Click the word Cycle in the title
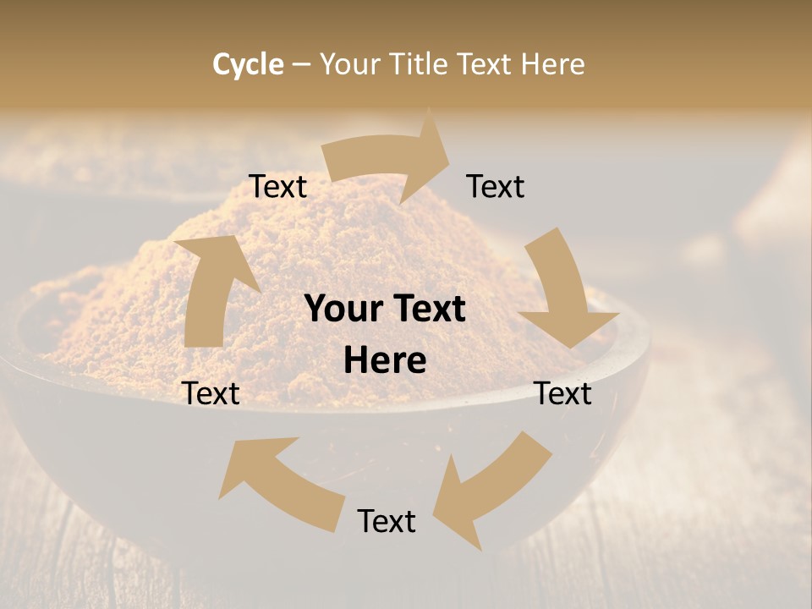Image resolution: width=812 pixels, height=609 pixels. pyautogui.click(x=248, y=64)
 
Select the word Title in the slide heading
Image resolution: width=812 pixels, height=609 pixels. pyautogui.click(x=420, y=64)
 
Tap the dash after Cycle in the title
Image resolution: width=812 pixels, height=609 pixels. pyautogui.click(x=301, y=65)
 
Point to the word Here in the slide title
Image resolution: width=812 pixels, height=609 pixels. pyautogui.click(x=551, y=64)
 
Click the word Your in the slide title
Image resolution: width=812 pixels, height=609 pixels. pyautogui.click(x=349, y=64)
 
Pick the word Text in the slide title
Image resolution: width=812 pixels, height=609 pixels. pyautogui.click(x=486, y=64)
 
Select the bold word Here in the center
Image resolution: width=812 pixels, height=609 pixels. pyautogui.click(x=385, y=361)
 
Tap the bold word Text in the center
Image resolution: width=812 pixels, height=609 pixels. pyautogui.click(x=427, y=310)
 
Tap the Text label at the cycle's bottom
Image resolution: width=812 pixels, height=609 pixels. pyautogui.click(x=387, y=521)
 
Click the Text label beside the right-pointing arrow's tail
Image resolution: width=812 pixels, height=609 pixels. pyautogui.click(x=277, y=186)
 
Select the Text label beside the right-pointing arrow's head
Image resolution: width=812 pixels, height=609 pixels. pyautogui.click(x=496, y=186)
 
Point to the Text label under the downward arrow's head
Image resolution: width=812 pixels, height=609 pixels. pyautogui.click(x=563, y=393)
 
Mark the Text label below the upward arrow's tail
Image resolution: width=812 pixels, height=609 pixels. pyautogui.click(x=211, y=393)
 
